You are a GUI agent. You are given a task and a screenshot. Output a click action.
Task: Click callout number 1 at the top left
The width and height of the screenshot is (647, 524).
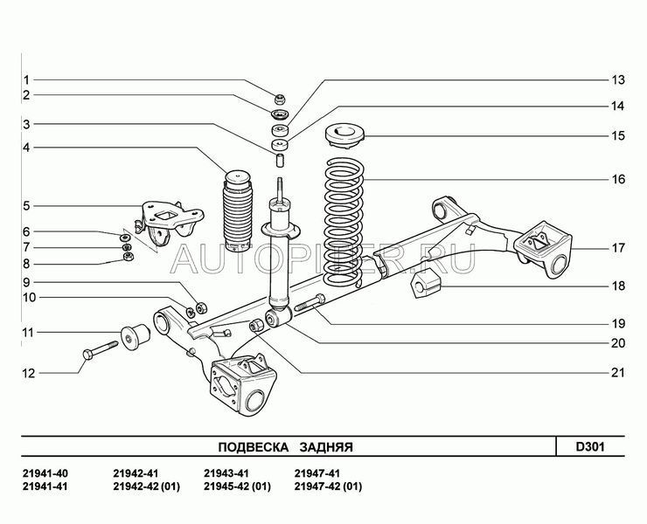(26, 79)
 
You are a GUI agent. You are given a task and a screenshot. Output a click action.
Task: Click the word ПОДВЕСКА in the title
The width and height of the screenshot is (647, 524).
(253, 446)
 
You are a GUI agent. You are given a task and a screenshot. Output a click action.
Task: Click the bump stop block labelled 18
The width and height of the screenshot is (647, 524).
(426, 284)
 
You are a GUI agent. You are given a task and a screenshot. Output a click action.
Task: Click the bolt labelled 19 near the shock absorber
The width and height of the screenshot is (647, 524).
(311, 305)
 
